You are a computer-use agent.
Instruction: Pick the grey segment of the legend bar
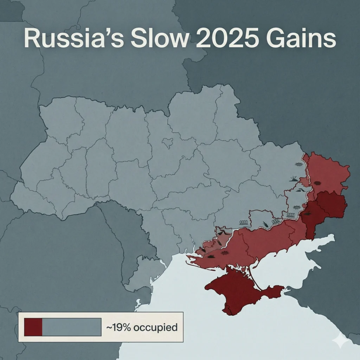coord(72,327)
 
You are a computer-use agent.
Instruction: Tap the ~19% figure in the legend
coord(119,328)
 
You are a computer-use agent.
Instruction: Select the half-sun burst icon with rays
coord(294,179)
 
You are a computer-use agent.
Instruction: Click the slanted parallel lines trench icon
coord(300,190)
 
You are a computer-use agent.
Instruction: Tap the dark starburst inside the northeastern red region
coord(317,183)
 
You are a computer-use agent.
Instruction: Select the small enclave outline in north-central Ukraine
coord(168,142)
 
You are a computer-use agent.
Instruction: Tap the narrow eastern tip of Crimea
coord(278,289)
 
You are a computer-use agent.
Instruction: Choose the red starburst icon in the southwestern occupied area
coord(224,253)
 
